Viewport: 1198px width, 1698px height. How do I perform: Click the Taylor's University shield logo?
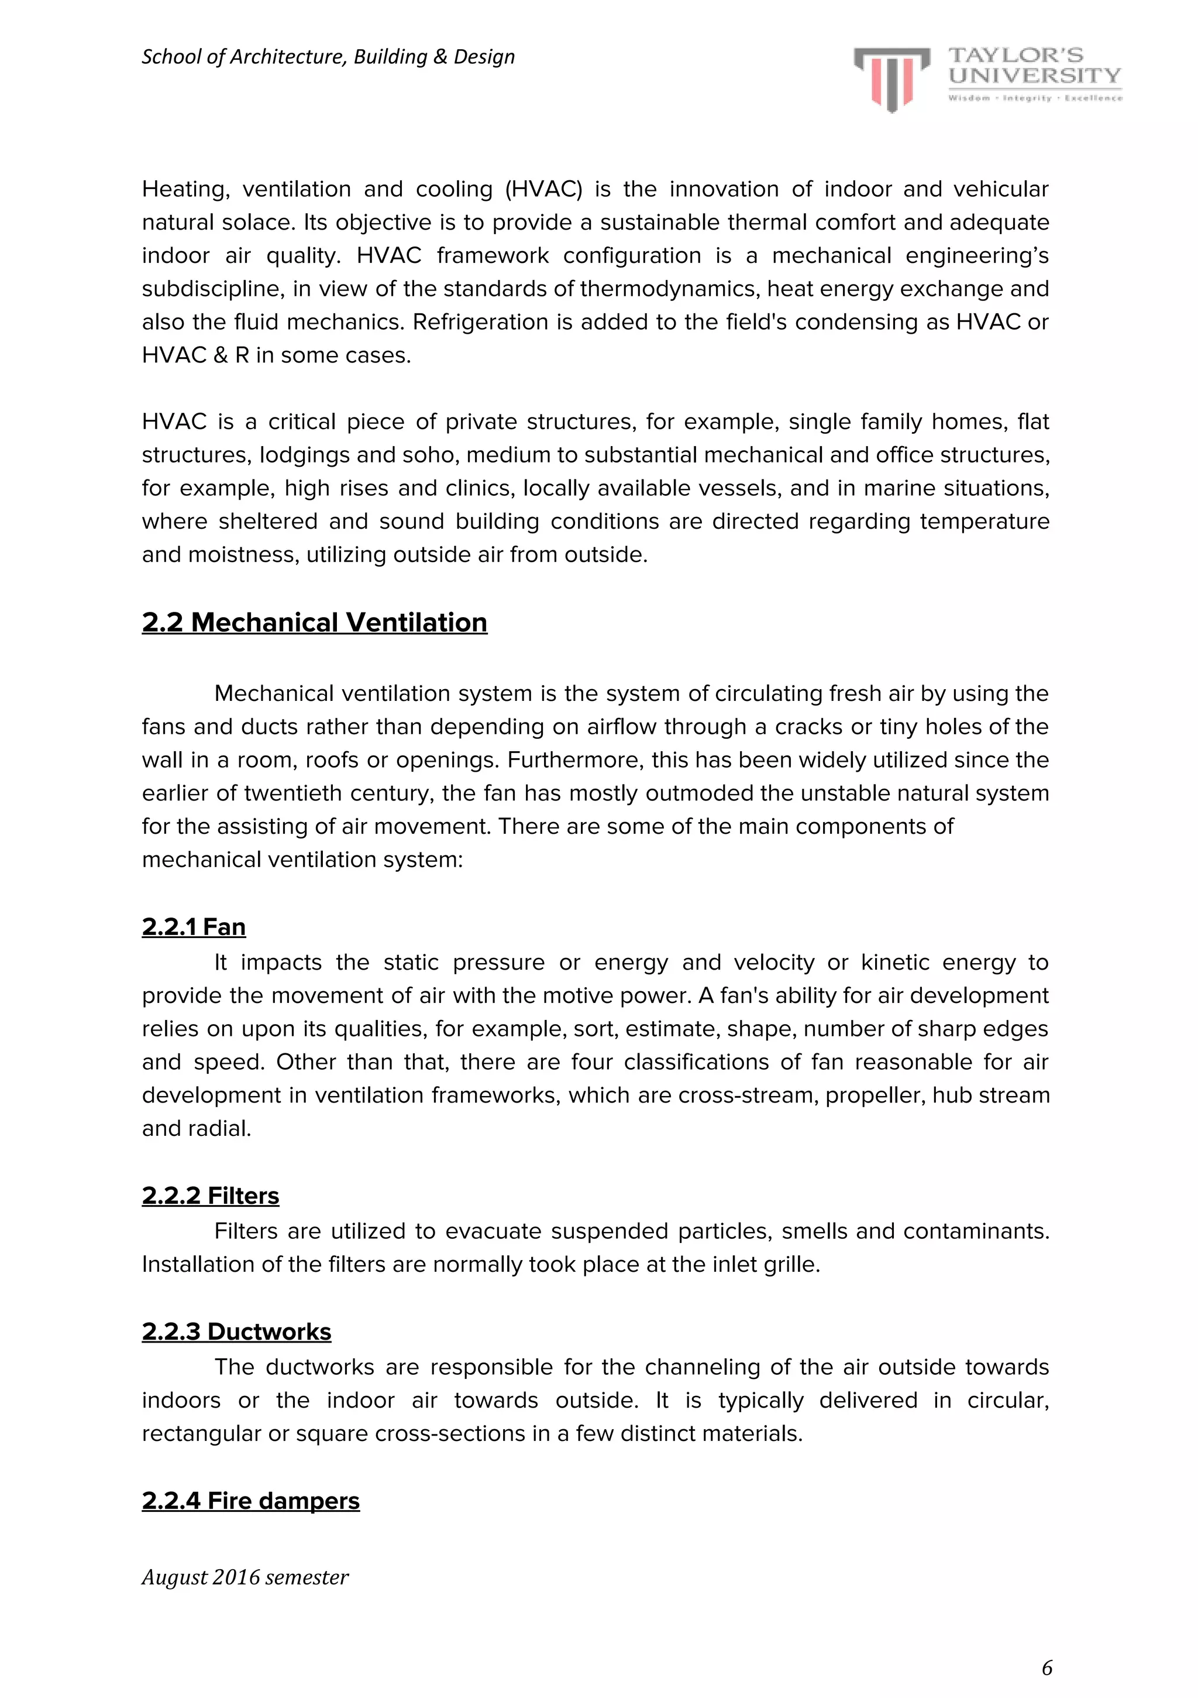pyautogui.click(x=891, y=78)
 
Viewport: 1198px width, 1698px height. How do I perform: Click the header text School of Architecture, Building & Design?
pyautogui.click(x=328, y=57)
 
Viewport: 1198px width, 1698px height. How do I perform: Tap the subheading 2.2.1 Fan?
pyautogui.click(x=194, y=927)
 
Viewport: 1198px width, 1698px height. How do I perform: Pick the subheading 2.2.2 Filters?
pyautogui.click(x=211, y=1195)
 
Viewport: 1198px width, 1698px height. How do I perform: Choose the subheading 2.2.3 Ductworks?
pyautogui.click(x=236, y=1331)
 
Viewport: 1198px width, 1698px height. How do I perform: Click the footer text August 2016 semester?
pyautogui.click(x=245, y=1577)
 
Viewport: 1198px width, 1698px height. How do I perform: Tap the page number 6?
pyautogui.click(x=1046, y=1668)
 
